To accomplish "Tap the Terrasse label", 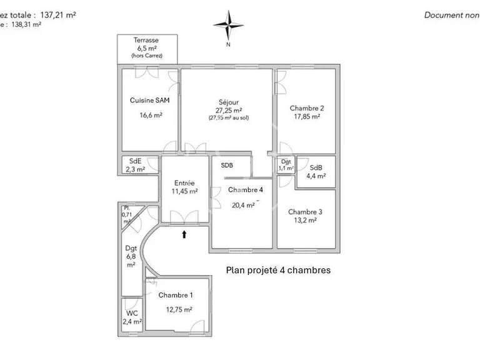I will click(146, 40).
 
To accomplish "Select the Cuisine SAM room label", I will click(149, 100).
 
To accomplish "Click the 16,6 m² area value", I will click(151, 115).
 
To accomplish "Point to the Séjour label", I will click(228, 102).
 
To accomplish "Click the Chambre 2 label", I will click(306, 108).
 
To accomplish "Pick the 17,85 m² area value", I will click(306, 116).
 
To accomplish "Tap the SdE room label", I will click(135, 161).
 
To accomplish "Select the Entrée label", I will click(185, 183).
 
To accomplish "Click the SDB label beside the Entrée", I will click(227, 166).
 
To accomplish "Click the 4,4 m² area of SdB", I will click(316, 176).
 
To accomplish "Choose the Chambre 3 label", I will click(305, 212).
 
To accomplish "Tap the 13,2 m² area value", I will click(305, 220).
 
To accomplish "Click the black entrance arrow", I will click(184, 234).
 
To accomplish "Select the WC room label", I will click(132, 313).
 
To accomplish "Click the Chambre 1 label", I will click(176, 295).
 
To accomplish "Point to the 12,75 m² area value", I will click(179, 309).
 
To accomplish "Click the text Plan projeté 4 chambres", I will click(277, 271).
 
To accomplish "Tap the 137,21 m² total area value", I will click(58, 15).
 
